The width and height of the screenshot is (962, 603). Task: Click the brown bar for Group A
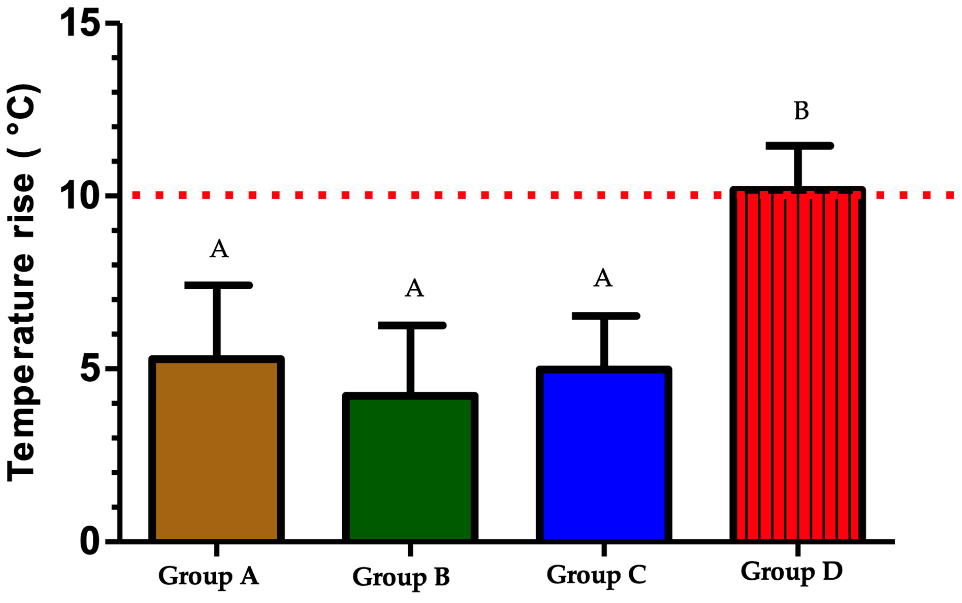click(216, 451)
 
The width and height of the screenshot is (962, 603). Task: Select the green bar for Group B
click(410, 469)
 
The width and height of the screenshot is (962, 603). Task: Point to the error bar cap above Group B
click(412, 325)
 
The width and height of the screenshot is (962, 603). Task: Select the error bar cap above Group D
click(799, 146)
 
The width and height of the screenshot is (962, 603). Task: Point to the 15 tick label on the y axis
click(80, 24)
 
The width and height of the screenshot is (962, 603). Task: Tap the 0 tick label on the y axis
click(90, 542)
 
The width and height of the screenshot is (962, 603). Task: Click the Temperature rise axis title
click(23, 283)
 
